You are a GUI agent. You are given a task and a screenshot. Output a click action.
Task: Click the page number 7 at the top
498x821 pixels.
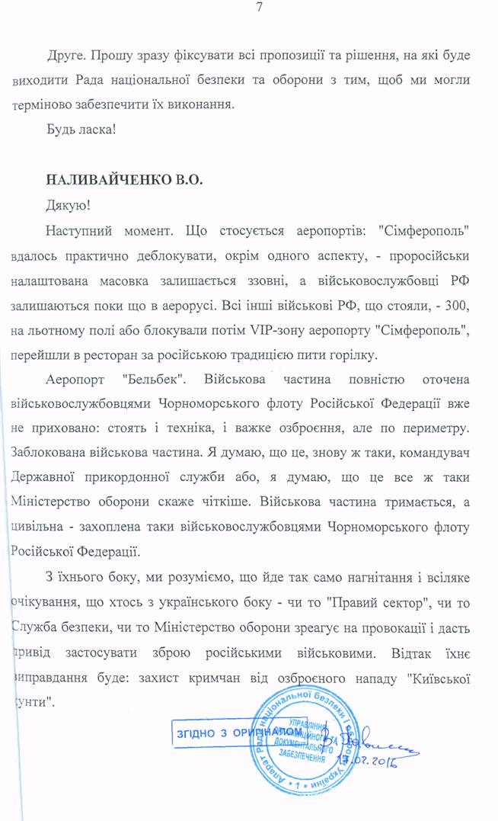tap(260, 8)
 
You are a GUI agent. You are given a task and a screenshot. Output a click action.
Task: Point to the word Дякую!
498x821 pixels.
tap(68, 206)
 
